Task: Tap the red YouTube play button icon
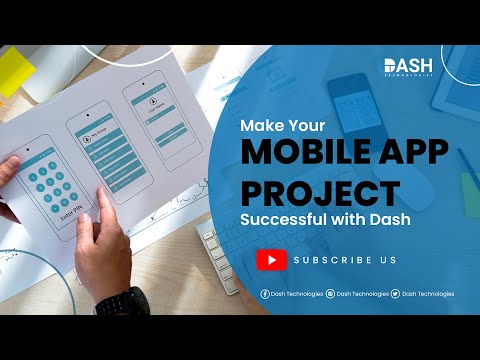point(271,260)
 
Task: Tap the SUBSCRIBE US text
point(345,260)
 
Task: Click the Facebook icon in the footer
point(265,294)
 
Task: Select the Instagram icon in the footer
point(330,294)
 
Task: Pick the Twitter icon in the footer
point(396,294)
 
